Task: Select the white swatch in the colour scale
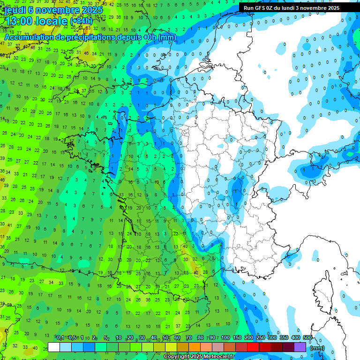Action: (x=54, y=347)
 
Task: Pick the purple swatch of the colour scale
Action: (x=300, y=347)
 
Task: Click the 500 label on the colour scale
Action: (x=307, y=338)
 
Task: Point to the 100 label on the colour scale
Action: (x=225, y=338)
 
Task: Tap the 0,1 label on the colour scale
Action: (x=60, y=338)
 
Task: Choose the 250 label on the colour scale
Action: (x=260, y=338)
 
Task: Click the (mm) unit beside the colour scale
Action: (x=317, y=348)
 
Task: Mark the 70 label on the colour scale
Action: (x=188, y=338)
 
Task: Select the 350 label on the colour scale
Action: (x=284, y=338)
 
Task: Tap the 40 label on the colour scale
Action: (x=154, y=338)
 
